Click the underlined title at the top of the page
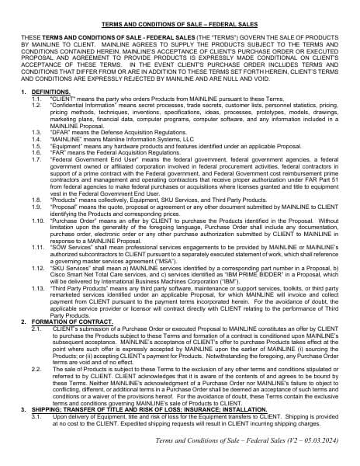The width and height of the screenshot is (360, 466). pos(179,24)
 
